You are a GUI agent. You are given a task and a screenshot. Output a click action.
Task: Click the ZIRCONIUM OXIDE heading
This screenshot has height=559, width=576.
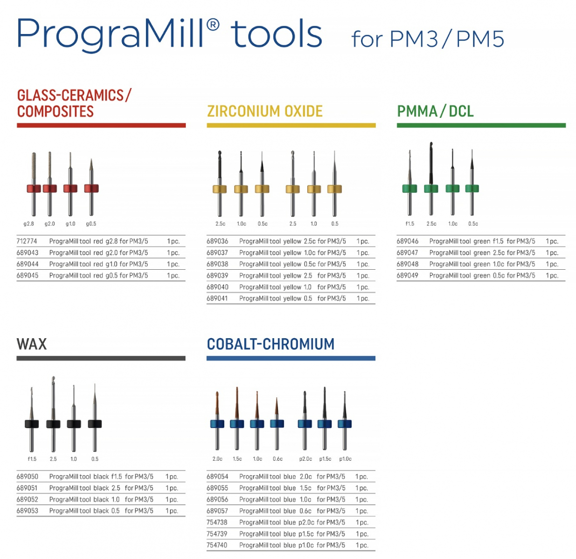tap(264, 111)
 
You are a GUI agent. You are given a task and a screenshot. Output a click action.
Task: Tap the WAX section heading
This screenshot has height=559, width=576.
tap(32, 344)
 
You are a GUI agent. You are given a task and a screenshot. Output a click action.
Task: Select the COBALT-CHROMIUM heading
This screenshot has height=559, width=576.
tap(271, 344)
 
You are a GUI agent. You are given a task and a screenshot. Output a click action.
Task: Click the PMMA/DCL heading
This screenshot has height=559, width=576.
tap(435, 111)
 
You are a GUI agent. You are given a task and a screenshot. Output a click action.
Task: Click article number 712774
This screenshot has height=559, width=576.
tap(27, 241)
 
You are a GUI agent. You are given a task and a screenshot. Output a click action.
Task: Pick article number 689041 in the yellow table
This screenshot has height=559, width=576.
tap(217, 299)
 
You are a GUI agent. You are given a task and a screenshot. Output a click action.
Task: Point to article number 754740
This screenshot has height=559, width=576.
tap(217, 545)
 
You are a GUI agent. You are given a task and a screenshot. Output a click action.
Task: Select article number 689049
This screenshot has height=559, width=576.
tap(408, 276)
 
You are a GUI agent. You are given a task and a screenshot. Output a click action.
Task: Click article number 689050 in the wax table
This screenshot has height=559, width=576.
tap(27, 477)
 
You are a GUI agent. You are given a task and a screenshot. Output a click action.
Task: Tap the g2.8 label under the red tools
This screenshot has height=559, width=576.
tap(29, 224)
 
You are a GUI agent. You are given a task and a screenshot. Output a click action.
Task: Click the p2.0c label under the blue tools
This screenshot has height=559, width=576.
tap(305, 459)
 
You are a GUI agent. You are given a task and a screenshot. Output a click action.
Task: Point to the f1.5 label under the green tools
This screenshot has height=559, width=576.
tap(409, 224)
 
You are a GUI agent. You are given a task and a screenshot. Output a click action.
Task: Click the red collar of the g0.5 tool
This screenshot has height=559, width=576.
tap(91, 188)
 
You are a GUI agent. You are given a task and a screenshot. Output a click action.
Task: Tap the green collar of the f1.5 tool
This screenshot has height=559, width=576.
tap(409, 188)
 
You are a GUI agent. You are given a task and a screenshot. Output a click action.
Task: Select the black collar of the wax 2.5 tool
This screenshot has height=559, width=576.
tap(53, 423)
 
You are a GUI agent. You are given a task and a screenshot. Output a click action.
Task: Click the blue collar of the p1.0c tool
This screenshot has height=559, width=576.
tap(345, 423)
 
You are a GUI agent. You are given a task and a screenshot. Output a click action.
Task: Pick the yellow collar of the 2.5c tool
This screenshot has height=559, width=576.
tap(220, 189)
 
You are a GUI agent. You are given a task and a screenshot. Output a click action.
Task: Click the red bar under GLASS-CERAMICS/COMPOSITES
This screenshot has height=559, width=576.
tap(101, 125)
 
